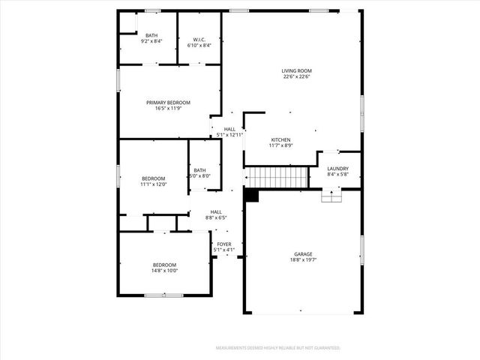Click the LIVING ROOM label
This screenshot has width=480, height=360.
point(298,70)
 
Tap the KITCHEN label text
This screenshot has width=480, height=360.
point(280,139)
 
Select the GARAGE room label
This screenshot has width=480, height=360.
point(303,254)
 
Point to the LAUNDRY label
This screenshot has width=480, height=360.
point(337,169)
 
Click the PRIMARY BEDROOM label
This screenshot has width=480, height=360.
point(168,103)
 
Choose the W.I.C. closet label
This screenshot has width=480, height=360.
point(199,39)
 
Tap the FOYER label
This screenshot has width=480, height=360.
point(224,244)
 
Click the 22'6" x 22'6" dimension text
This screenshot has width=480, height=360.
point(298,76)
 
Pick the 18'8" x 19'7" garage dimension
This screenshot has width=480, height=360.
point(303,260)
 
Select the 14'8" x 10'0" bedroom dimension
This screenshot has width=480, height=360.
point(164,271)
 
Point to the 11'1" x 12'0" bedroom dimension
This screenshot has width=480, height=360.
point(153,184)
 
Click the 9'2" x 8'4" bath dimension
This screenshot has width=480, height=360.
point(151,41)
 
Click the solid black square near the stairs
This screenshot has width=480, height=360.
point(251,195)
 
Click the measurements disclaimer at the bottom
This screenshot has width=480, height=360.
point(278,348)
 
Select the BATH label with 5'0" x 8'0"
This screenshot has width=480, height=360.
point(199,170)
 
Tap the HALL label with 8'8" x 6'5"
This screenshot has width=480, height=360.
point(216,212)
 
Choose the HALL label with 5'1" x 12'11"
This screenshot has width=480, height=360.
point(229,129)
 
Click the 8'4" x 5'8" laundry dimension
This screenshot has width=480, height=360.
point(337,175)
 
